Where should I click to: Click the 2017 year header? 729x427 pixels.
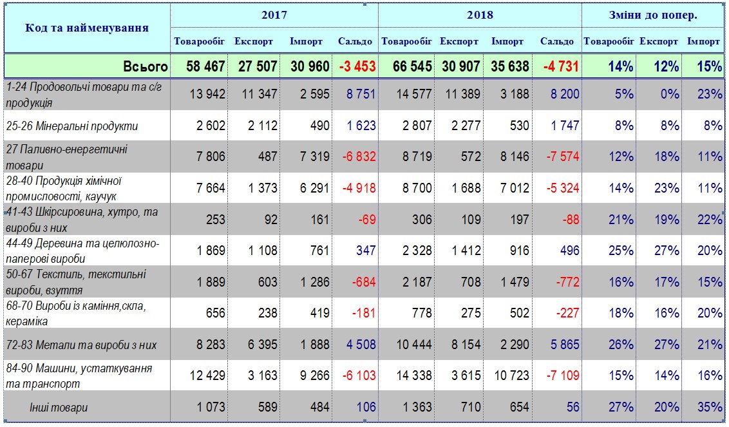coord(274,15)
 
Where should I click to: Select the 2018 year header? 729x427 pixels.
coord(480,15)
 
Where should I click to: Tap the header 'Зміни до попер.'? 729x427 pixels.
coord(653,15)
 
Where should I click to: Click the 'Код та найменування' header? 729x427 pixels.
coord(87,28)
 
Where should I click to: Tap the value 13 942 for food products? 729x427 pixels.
coord(208,94)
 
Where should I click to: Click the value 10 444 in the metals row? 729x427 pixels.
coord(412,345)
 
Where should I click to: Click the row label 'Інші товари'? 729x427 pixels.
coord(59,407)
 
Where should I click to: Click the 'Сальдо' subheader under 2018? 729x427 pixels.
coord(557,41)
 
